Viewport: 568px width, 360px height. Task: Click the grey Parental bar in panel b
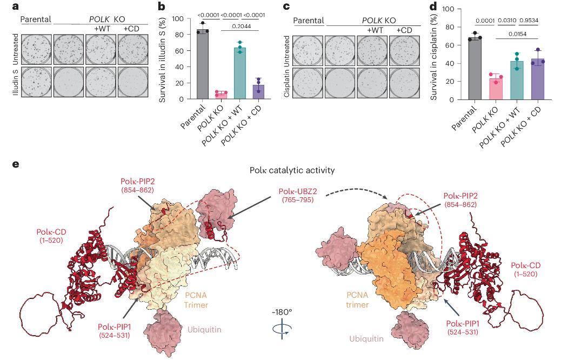click(203, 65)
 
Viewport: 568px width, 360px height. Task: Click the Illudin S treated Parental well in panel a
click(36, 82)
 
